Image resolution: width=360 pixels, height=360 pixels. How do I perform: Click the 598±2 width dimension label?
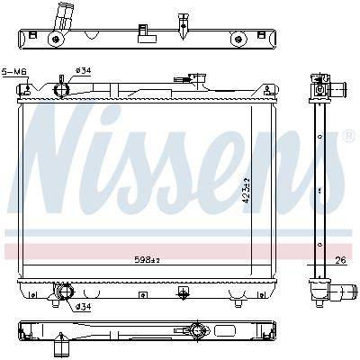coord(147,260)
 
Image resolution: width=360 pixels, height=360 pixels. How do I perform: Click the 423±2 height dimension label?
coord(247,191)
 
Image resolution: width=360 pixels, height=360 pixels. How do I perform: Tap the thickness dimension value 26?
coord(340,260)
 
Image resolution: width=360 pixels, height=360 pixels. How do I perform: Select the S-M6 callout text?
coord(14,72)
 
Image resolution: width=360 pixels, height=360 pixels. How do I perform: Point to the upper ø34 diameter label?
coord(83,71)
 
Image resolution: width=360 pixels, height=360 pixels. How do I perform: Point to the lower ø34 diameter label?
coord(83,307)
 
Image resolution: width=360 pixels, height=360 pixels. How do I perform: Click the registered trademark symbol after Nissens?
coord(348,136)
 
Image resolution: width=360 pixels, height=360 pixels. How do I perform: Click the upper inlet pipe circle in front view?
coord(61,89)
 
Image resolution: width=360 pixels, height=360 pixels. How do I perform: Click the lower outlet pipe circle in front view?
coord(65,291)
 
